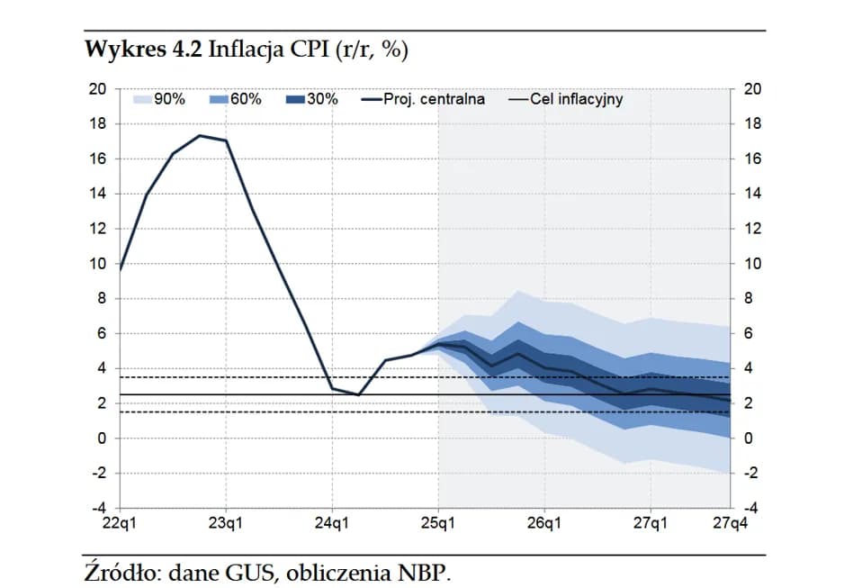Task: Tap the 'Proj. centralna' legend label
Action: (434, 99)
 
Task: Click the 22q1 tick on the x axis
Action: (120, 523)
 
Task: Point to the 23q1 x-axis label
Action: (226, 523)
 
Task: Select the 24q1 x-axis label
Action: (332, 523)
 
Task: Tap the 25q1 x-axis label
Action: (438, 523)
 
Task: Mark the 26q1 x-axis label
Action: (544, 523)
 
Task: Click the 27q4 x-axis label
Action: (729, 523)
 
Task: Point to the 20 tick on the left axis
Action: (97, 89)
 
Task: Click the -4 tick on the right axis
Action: (754, 509)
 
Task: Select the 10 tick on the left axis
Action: (97, 264)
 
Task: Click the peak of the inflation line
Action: (200, 135)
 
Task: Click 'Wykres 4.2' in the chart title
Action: (143, 50)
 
